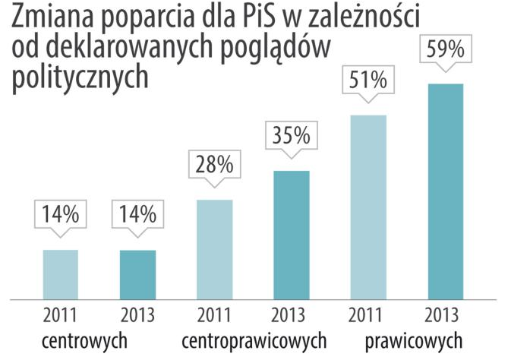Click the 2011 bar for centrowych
point(61,274)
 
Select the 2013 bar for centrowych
point(137,274)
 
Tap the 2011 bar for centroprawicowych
point(215,249)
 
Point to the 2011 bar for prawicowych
point(368,207)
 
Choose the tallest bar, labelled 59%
point(445,191)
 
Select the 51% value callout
point(368,81)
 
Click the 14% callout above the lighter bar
point(61,213)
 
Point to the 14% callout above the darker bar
point(137,213)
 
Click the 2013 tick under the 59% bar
point(445,315)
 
